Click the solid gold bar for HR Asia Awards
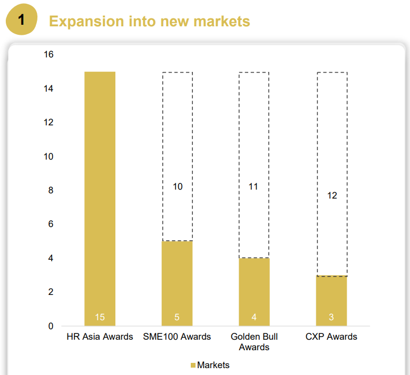pyautogui.click(x=100, y=199)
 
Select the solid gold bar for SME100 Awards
pyautogui.click(x=177, y=283)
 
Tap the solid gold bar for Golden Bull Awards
pyautogui.click(x=254, y=292)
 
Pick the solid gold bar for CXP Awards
pyautogui.click(x=331, y=301)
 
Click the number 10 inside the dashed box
pyautogui.click(x=178, y=186)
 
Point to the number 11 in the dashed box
pyautogui.click(x=253, y=186)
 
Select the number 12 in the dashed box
pyautogui.click(x=332, y=195)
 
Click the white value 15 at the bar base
pyautogui.click(x=100, y=317)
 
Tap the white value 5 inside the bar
pyautogui.click(x=177, y=317)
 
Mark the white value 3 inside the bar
pyautogui.click(x=331, y=317)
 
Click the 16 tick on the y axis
pyautogui.click(x=48, y=54)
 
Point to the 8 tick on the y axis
pyautogui.click(x=51, y=190)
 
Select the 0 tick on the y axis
pyautogui.click(x=51, y=326)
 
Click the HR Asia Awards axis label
pyautogui.click(x=100, y=337)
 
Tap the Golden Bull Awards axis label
pyautogui.click(x=254, y=342)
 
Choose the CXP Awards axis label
pyautogui.click(x=331, y=337)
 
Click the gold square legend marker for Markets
pyautogui.click(x=193, y=366)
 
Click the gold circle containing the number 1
pyautogui.click(x=22, y=19)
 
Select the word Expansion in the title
pyautogui.click(x=86, y=22)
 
